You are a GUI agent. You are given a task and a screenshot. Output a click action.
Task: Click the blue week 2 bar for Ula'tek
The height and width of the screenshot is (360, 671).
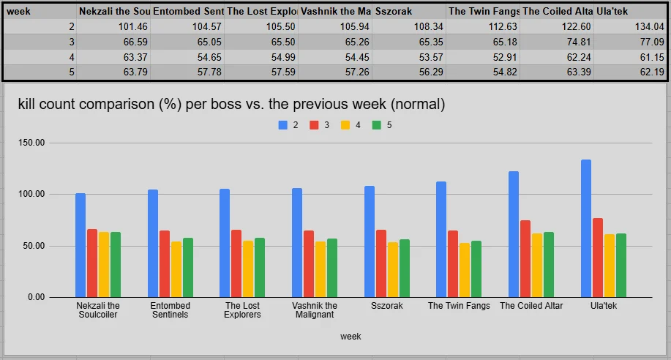coord(586,228)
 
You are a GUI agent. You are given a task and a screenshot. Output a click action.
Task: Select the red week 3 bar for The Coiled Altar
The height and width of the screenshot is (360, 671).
coord(525,258)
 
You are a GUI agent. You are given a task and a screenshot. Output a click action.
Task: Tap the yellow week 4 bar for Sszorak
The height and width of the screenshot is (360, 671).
coord(392,270)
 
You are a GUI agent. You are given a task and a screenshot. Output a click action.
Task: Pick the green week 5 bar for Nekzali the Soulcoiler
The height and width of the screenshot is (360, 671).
coord(116,265)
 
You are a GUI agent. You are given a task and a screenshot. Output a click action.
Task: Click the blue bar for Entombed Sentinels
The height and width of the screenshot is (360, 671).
coord(153,243)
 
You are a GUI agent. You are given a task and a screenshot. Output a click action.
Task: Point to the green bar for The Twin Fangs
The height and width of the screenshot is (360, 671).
coord(476,269)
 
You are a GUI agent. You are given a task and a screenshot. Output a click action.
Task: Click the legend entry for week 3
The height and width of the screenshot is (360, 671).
coord(319,125)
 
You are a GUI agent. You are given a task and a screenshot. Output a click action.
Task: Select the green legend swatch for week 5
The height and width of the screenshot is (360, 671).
coord(377,125)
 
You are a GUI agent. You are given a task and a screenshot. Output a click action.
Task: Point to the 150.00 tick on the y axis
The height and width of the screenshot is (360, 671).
coord(31,143)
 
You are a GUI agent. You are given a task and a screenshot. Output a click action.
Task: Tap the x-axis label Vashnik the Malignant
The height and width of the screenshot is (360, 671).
coord(315,310)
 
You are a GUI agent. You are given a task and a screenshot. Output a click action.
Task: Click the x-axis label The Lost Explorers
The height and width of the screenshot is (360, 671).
coord(242,310)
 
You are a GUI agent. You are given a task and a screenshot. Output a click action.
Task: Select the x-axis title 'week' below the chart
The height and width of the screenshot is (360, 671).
coord(351,337)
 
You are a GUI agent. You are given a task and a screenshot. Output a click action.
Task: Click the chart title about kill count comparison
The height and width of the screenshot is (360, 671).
coord(231,104)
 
